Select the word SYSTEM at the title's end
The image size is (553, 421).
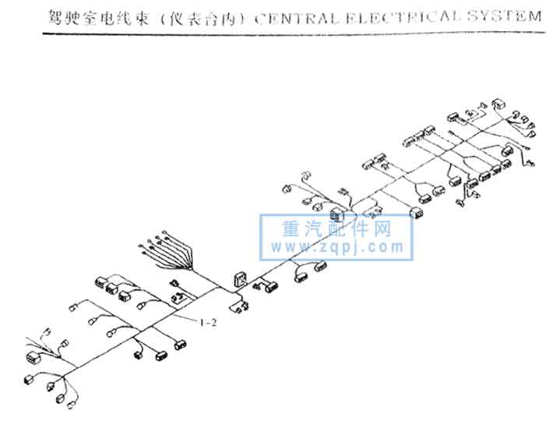[499, 16]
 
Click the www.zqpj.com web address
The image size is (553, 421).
[337, 248]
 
